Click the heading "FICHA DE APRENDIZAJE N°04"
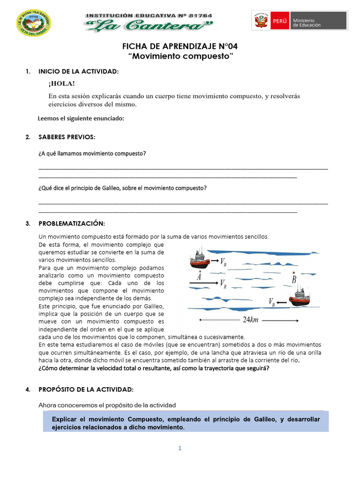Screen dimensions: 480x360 180,46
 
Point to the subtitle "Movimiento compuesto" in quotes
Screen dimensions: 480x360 180,57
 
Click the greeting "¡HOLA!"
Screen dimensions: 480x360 61,83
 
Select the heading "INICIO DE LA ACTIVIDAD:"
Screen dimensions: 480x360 78,72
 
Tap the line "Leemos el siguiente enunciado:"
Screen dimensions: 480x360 81,119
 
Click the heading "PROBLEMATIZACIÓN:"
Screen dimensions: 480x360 72,224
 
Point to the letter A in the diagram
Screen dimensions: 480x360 200,277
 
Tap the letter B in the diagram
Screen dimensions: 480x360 294,279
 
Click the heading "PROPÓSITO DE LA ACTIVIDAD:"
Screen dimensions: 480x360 86,390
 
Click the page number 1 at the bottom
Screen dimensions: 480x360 180,448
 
